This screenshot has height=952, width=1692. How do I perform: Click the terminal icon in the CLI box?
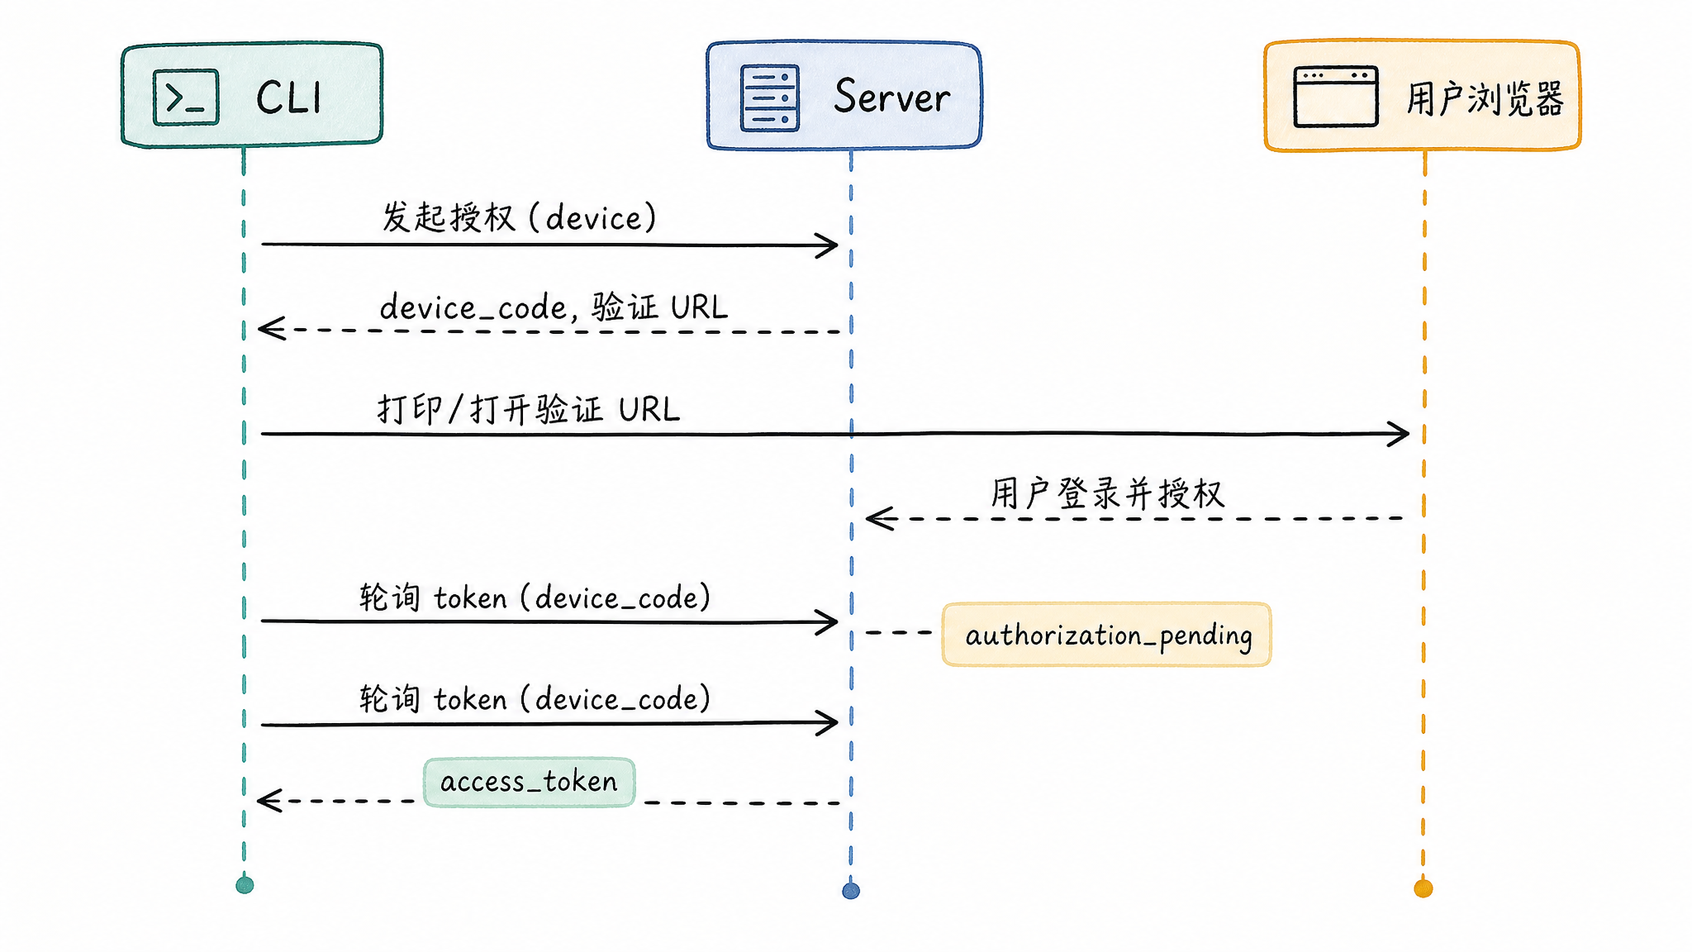coord(186,98)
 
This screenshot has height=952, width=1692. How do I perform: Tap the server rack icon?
coord(770,98)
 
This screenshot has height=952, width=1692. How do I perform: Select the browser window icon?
coord(1336,97)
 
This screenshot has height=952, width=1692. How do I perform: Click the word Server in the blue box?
coord(892,97)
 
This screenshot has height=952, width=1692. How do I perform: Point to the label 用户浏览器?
coord(1485,99)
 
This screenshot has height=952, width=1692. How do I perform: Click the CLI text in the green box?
coord(288,98)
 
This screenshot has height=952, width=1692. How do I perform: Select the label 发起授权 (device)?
coord(519,217)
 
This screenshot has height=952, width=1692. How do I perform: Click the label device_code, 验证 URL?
coord(554,307)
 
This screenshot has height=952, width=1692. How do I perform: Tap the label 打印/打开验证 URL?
coord(529,409)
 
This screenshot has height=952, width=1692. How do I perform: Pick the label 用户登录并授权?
coord(1107,493)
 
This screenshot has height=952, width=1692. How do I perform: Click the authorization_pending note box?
coord(1107,635)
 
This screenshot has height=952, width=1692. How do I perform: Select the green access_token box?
coord(530,782)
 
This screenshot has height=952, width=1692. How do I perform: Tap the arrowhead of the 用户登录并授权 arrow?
coord(879,518)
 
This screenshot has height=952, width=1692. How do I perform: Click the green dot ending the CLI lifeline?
coord(245,885)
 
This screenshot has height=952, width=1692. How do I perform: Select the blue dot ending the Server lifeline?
coord(851,891)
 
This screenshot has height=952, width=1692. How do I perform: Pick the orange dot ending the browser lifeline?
coord(1423,888)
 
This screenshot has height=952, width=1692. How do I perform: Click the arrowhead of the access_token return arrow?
coord(269,800)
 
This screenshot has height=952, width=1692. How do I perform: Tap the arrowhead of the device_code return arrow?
coord(271,328)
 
